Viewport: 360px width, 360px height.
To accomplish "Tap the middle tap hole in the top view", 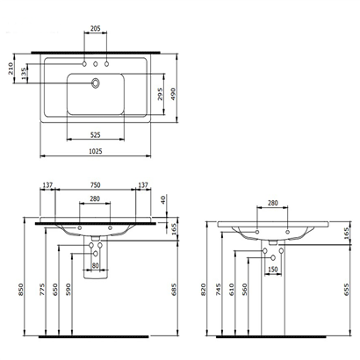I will coord(96,64).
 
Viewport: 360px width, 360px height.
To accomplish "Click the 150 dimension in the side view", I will coord(273,269).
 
